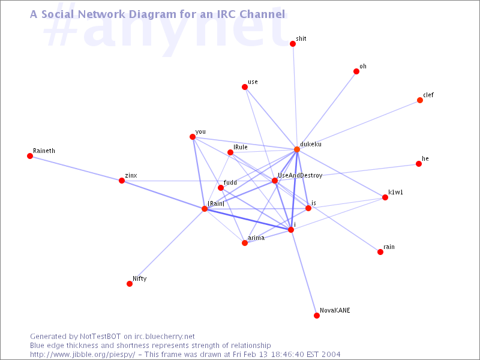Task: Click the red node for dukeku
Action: coord(297,149)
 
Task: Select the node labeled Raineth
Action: coord(30,156)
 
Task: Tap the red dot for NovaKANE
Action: coord(317,316)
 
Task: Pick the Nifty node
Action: coord(130,284)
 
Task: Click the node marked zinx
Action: coord(122,181)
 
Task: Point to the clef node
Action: coord(420,100)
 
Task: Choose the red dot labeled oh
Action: coord(356,71)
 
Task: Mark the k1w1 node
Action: coord(385,197)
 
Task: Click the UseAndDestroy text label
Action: coord(300,175)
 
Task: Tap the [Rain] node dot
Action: coord(205,209)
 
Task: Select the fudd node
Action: coord(221,188)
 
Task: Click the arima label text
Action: coord(256,238)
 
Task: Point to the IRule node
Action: coord(230,152)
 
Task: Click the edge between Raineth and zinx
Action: coord(76,169)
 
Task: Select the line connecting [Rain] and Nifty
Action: coord(167,247)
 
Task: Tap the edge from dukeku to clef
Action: coord(358,125)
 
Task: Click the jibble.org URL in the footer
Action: coord(82,355)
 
